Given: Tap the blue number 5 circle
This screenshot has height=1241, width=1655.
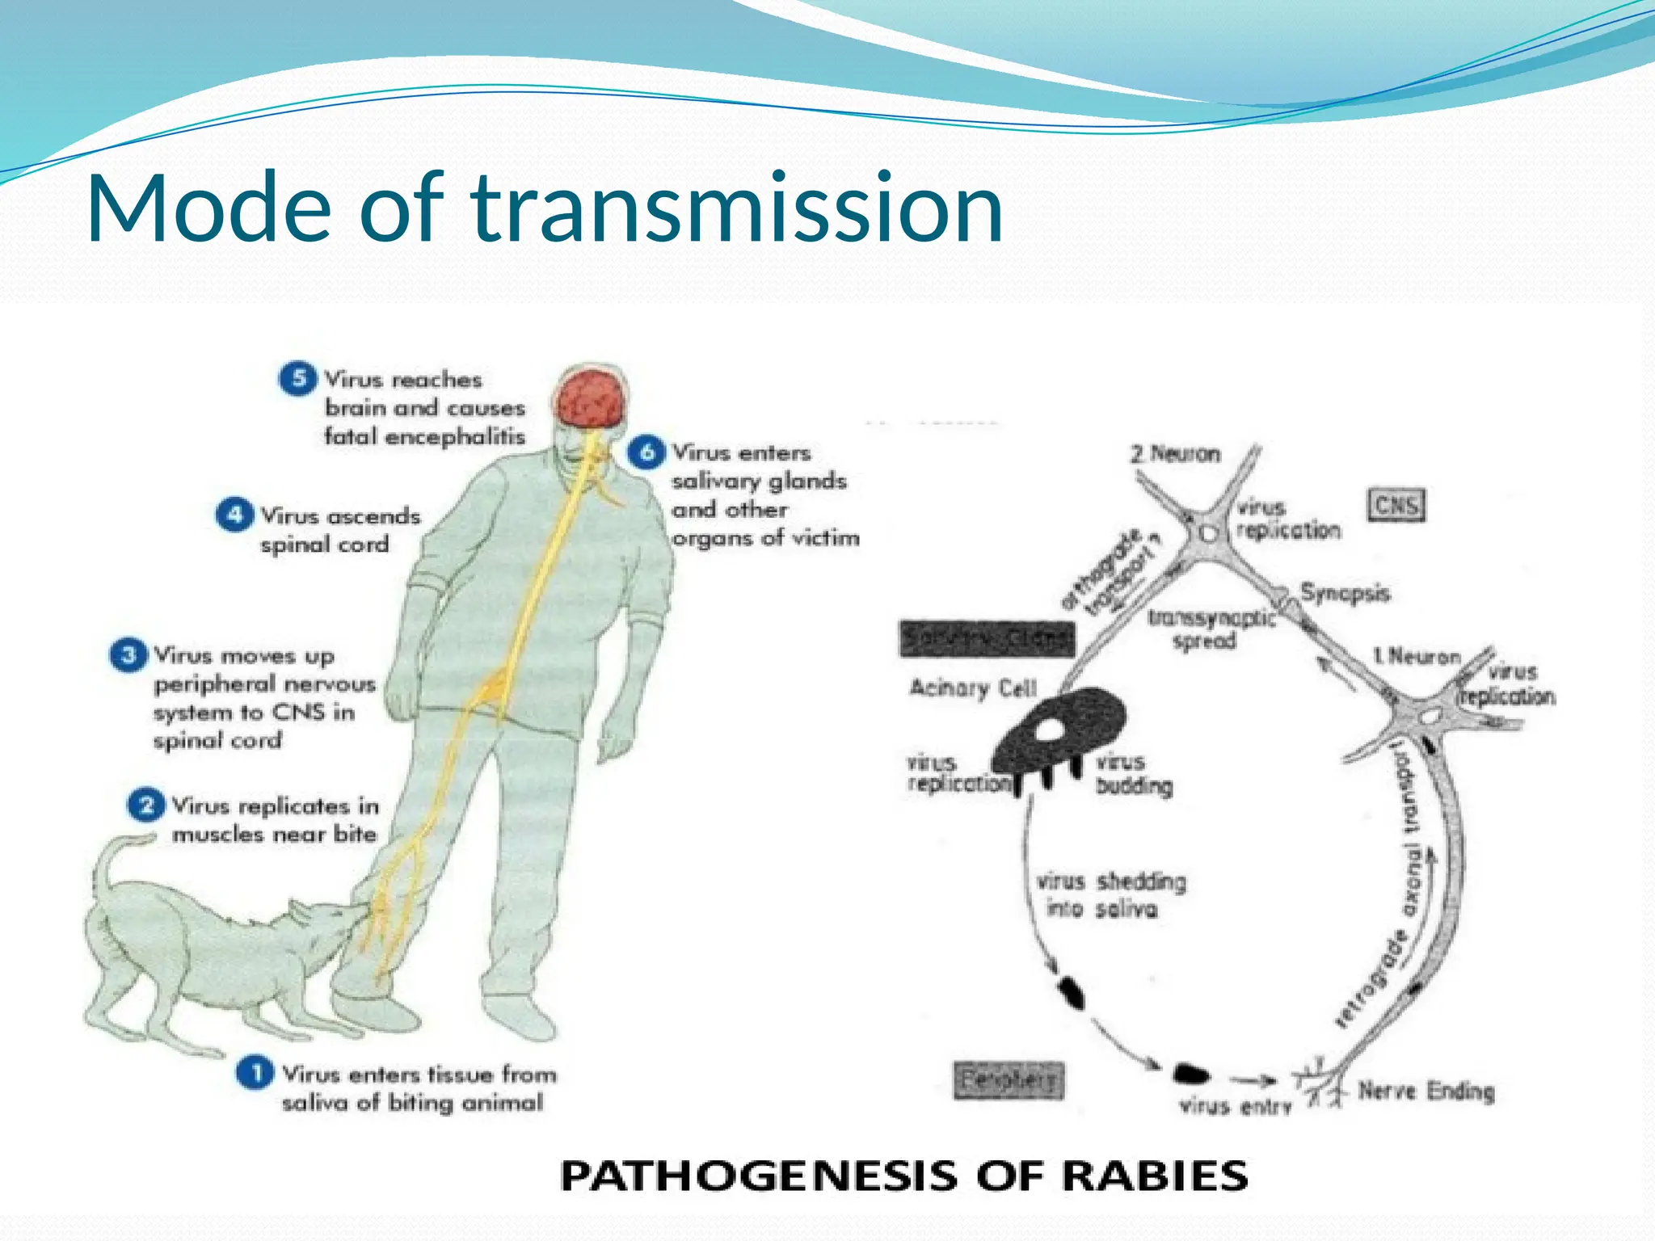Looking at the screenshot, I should click(x=297, y=378).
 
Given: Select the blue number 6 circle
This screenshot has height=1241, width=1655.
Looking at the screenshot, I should click(x=646, y=452).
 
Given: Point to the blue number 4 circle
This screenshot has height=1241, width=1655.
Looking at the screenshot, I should click(x=234, y=515).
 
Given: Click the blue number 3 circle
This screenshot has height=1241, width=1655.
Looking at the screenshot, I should click(x=128, y=654).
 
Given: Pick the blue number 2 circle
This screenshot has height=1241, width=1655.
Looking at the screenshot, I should click(x=146, y=806).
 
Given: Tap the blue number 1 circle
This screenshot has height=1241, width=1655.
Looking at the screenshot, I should click(x=255, y=1073).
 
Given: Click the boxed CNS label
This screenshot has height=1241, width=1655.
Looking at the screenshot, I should click(x=1396, y=506).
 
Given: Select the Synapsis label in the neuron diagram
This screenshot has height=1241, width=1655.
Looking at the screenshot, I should click(x=1345, y=593).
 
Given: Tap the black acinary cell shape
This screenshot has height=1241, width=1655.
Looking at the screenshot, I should click(x=1059, y=731).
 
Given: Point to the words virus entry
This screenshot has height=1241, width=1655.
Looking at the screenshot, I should click(x=1235, y=1105).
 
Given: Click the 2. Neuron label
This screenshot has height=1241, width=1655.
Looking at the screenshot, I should click(x=1176, y=454).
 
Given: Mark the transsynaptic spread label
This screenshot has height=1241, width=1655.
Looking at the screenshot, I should click(x=1210, y=629).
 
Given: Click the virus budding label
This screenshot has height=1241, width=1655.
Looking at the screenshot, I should click(x=1132, y=774).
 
